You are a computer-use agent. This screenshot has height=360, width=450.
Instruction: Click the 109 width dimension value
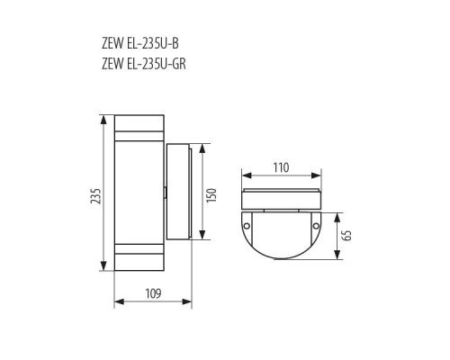point(152,292)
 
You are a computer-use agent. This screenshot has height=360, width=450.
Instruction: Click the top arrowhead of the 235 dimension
point(103,118)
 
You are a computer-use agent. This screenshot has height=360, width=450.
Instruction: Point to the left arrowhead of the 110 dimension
point(244,179)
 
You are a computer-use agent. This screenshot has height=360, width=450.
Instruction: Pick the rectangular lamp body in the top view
point(281,199)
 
